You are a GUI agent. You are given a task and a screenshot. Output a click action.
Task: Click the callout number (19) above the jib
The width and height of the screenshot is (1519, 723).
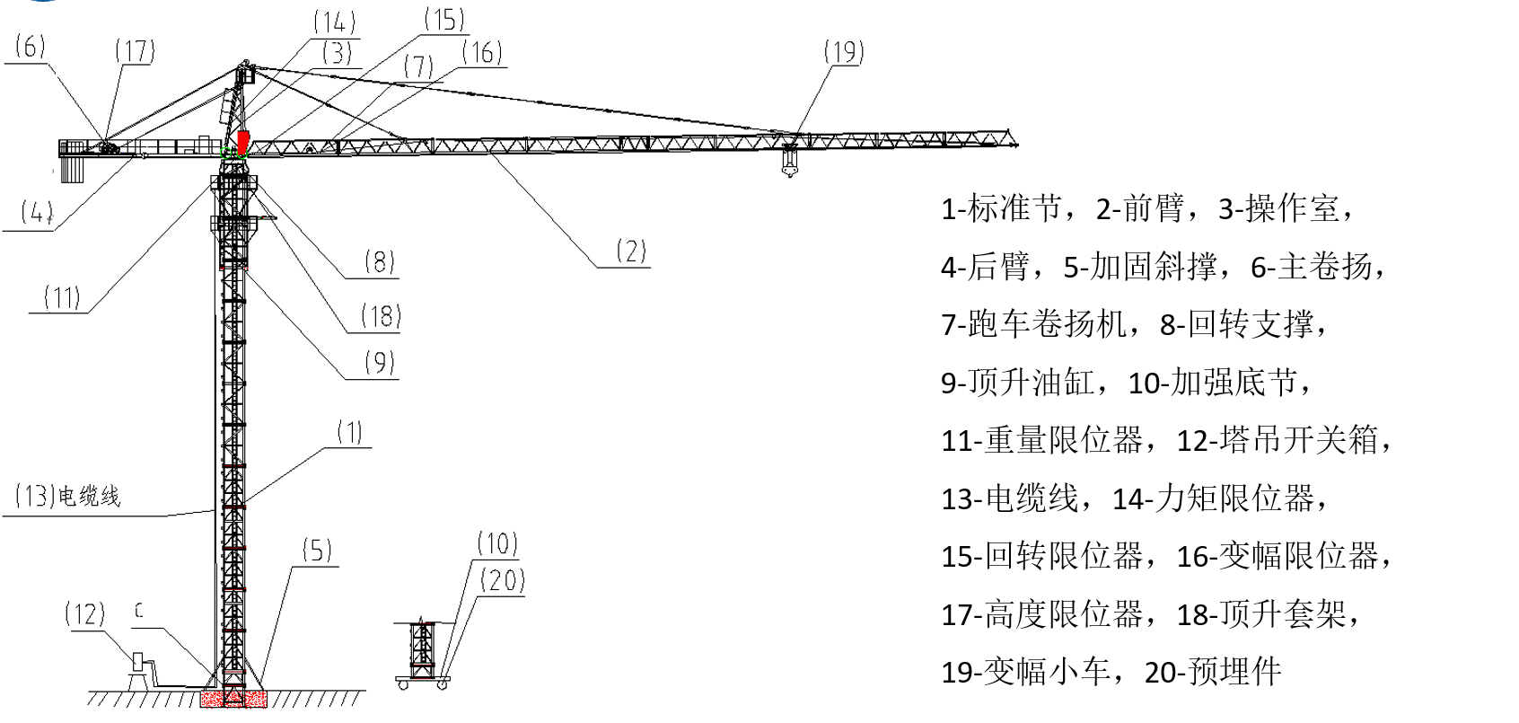[843, 52]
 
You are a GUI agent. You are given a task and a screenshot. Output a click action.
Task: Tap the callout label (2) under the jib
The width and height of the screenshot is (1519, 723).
[630, 251]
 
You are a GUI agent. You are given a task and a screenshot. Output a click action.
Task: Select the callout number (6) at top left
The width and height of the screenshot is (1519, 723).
[30, 47]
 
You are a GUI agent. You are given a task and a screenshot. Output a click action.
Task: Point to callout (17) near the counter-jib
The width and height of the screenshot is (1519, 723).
[135, 50]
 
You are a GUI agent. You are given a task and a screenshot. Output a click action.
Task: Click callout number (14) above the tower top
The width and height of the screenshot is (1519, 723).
[335, 23]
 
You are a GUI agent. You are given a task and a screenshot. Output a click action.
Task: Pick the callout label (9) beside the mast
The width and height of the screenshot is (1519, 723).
[380, 362]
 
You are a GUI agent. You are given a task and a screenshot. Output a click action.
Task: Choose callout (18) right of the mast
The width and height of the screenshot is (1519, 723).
[381, 315]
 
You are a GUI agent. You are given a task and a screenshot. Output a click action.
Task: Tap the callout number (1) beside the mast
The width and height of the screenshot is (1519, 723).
[349, 432]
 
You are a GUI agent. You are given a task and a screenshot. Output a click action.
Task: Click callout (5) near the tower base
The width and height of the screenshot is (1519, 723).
[316, 550]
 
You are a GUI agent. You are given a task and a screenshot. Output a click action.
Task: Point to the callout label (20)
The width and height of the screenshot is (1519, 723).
[502, 580]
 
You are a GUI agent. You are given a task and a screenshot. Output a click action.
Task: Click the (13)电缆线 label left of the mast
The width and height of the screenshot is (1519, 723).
[67, 496]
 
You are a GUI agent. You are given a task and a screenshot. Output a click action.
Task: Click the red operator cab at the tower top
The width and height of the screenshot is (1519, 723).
[242, 142]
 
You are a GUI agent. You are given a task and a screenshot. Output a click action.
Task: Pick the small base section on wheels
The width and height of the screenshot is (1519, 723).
[422, 654]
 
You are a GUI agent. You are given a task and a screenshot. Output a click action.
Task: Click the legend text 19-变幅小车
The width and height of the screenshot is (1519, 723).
[1024, 671]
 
